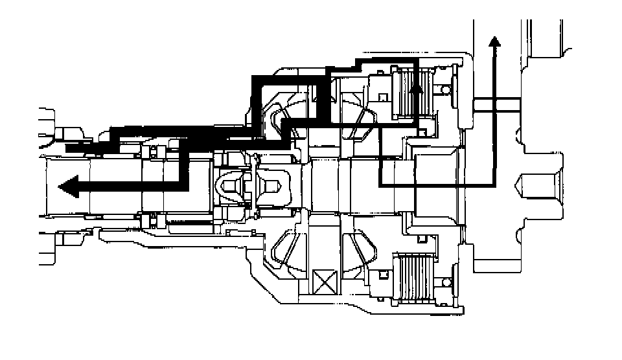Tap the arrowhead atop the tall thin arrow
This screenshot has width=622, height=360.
coord(495,43)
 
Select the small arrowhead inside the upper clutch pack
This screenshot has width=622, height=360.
coord(418,87)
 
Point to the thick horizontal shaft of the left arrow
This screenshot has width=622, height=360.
coord(130,186)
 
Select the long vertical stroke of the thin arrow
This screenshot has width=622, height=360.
coord(495,117)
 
